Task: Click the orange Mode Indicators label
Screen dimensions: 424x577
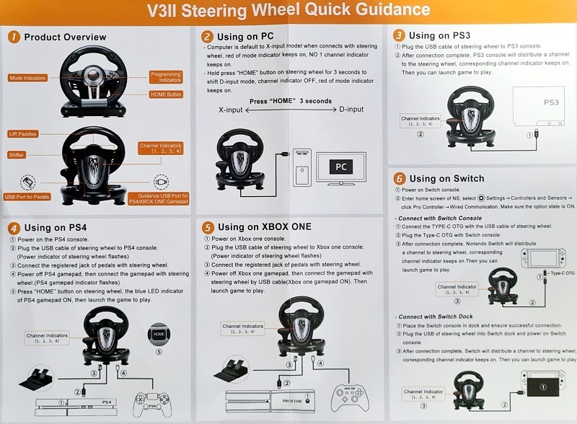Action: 28,78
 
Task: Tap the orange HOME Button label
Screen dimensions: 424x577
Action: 166,94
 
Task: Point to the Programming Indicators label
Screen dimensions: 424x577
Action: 166,77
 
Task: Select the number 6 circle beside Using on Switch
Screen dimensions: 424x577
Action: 399,179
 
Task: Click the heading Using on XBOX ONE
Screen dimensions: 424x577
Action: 264,227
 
